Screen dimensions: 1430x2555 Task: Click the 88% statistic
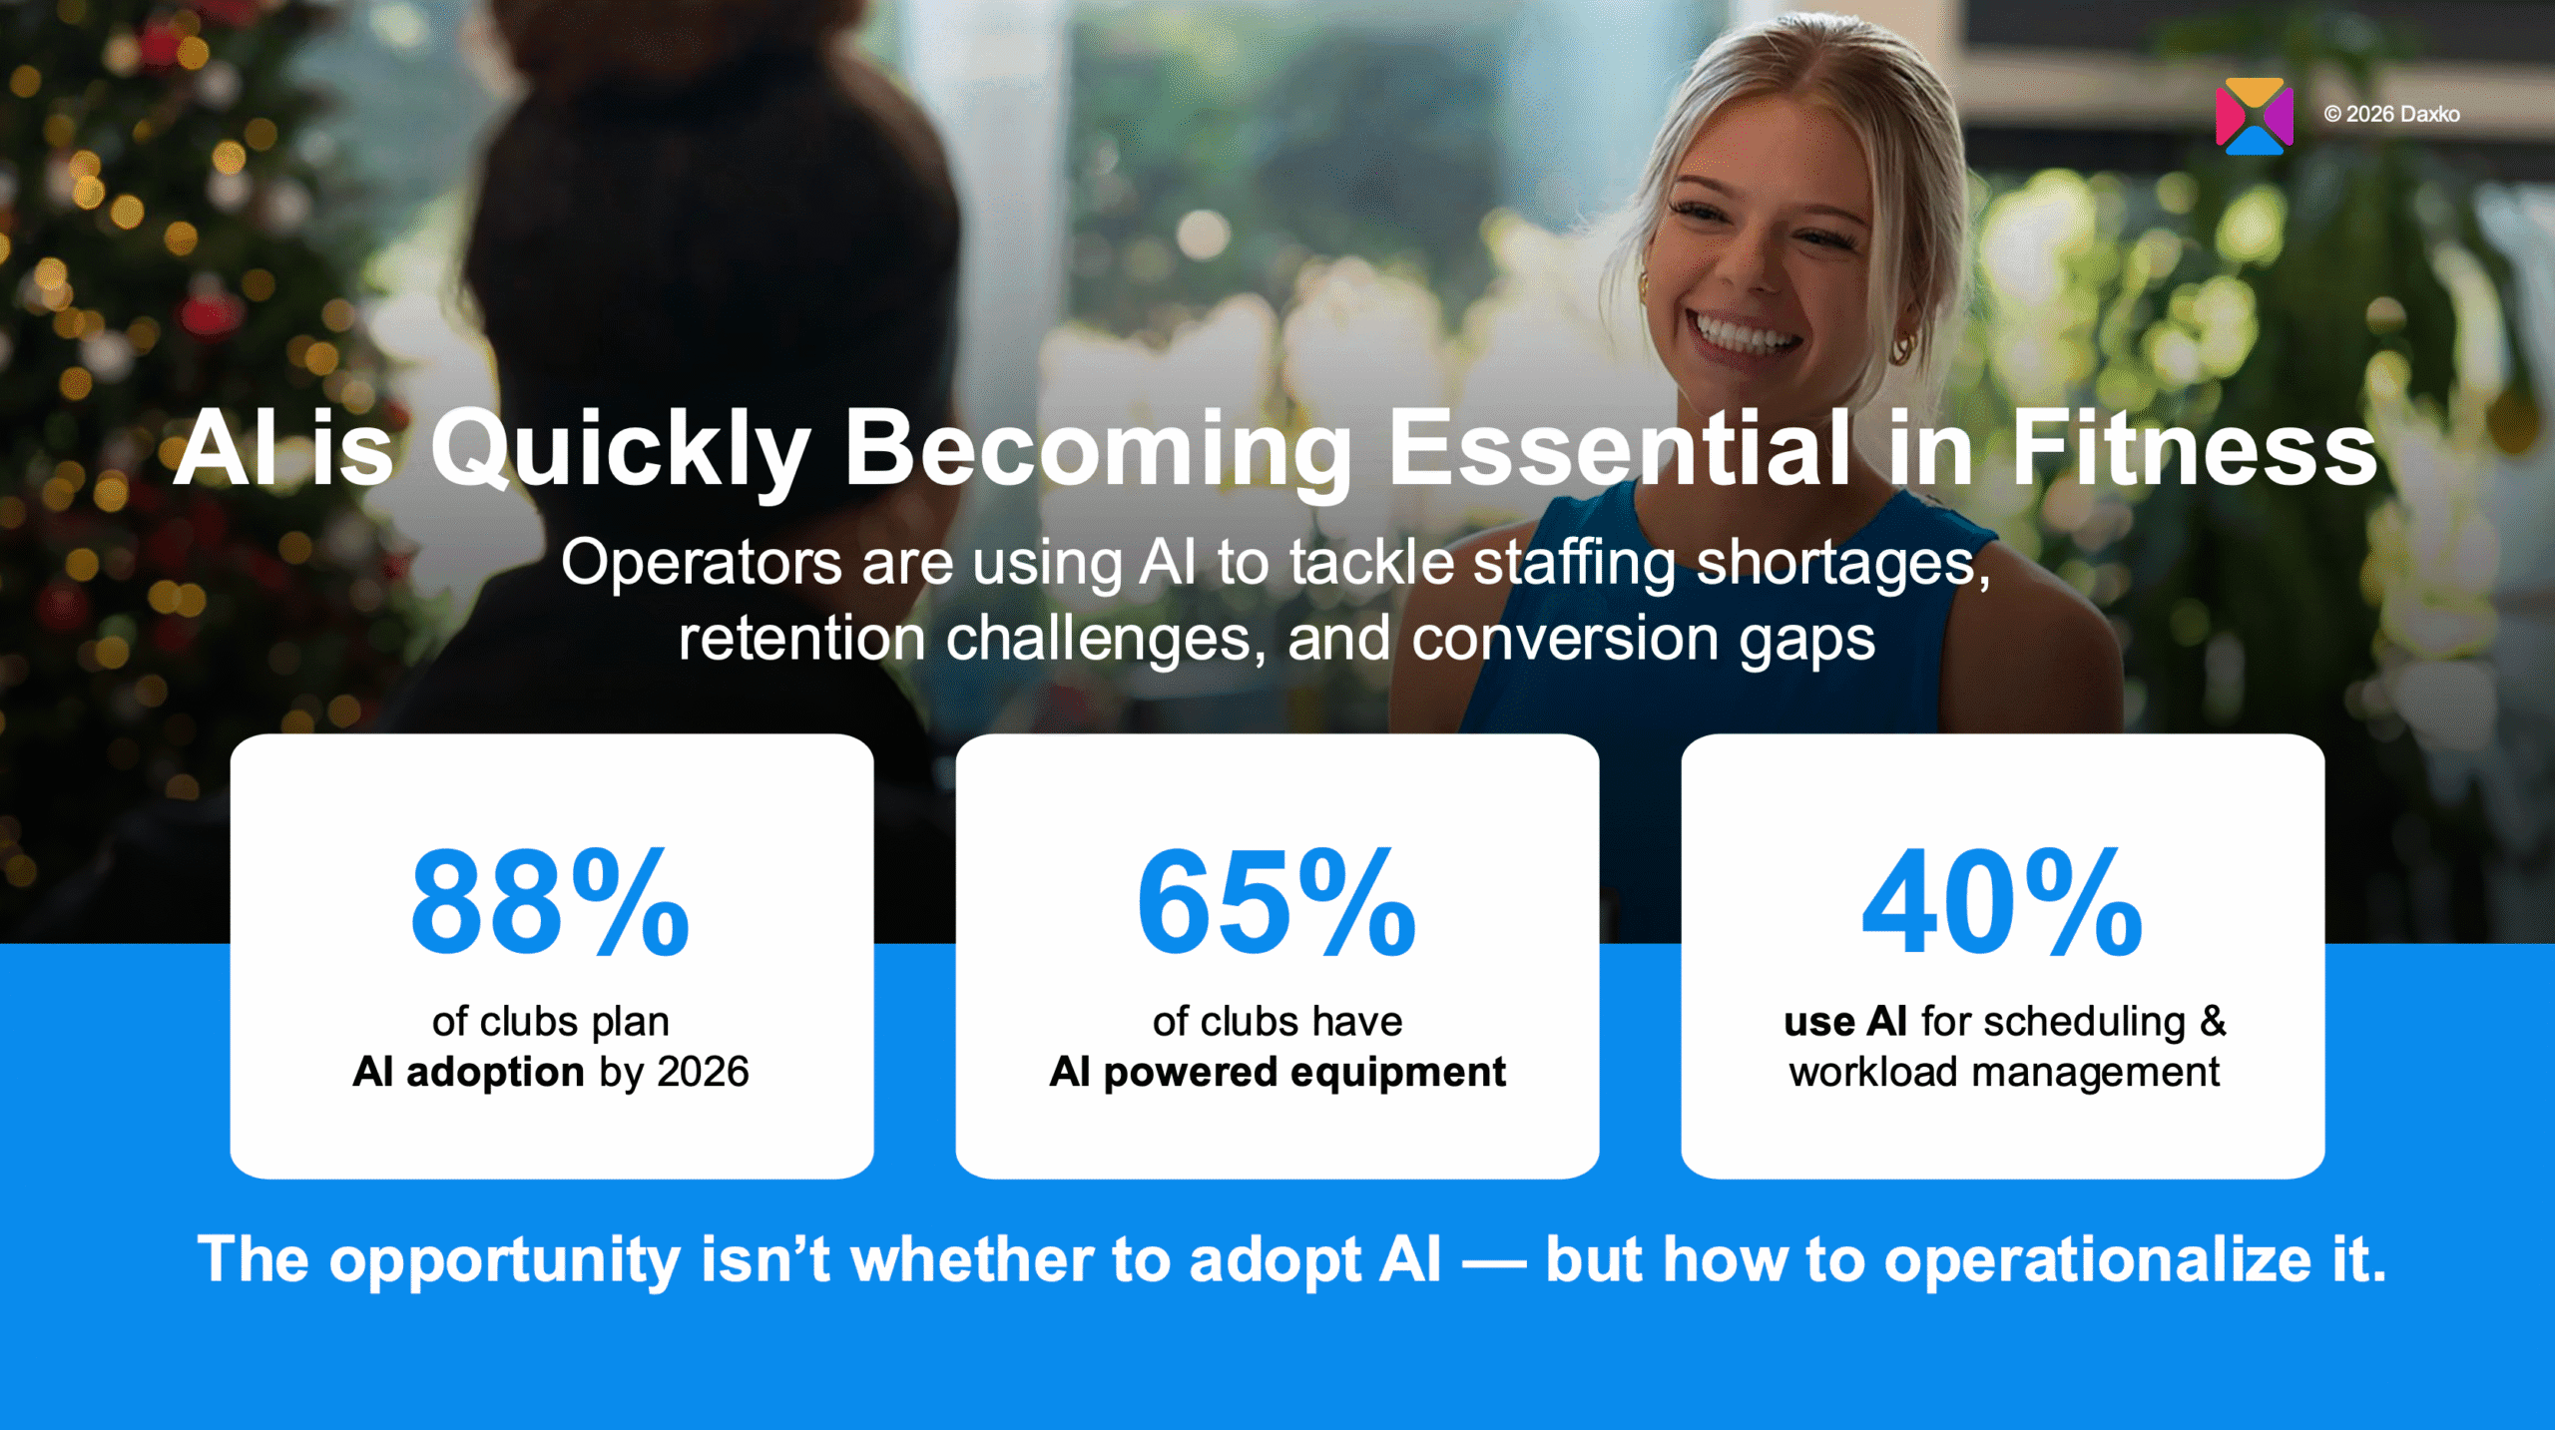[x=550, y=903]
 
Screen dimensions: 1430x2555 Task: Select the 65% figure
[x=1277, y=903]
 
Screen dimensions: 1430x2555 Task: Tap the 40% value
[x=2002, y=903]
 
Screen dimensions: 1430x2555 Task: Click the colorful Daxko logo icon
[x=2254, y=117]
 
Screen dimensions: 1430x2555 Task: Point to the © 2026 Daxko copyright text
[x=2391, y=115]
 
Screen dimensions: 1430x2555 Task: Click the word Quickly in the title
[x=619, y=451]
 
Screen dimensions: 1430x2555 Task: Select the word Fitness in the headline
[x=2194, y=451]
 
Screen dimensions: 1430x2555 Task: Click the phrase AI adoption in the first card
[x=468, y=1073]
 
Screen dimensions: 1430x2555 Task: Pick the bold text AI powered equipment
[x=1277, y=1073]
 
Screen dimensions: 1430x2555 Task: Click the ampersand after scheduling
[x=2213, y=1022]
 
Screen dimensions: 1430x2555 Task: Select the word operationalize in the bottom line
[x=2097, y=1259]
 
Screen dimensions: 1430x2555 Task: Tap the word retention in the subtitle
[x=801, y=640]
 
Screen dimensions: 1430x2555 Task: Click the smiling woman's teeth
[x=1743, y=332]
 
